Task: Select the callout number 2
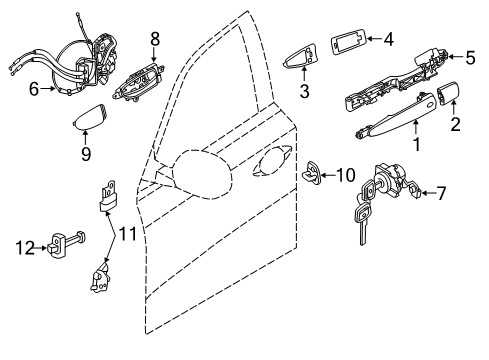pos(455,125)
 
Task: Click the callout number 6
pos(34,90)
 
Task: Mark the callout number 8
pos(155,38)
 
